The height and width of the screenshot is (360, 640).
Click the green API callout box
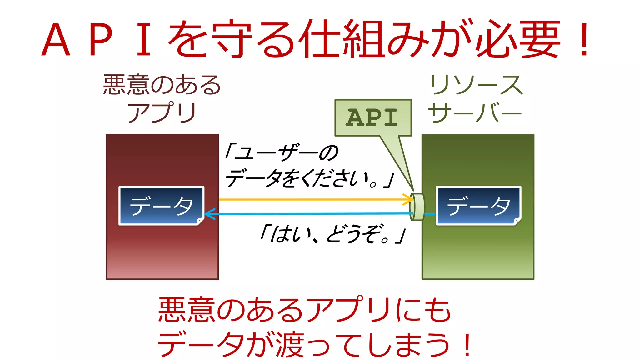coord(373,118)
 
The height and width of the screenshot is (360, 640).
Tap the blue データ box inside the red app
coord(161,206)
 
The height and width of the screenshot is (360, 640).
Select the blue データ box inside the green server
coord(478,206)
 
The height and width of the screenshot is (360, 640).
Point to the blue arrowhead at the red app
coord(209,214)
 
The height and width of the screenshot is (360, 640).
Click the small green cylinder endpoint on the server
coord(417,207)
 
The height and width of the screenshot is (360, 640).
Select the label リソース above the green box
coord(476,85)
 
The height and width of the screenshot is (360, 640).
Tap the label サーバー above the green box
coord(475,113)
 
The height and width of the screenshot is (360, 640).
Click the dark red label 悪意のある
coord(162,85)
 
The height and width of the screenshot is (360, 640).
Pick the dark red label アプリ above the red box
coord(162,112)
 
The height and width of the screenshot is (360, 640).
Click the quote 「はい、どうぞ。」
coord(332,234)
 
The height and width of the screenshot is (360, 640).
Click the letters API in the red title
coord(97,40)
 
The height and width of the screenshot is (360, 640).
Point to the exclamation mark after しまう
coord(467,345)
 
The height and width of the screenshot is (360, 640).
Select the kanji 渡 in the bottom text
coord(289,345)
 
